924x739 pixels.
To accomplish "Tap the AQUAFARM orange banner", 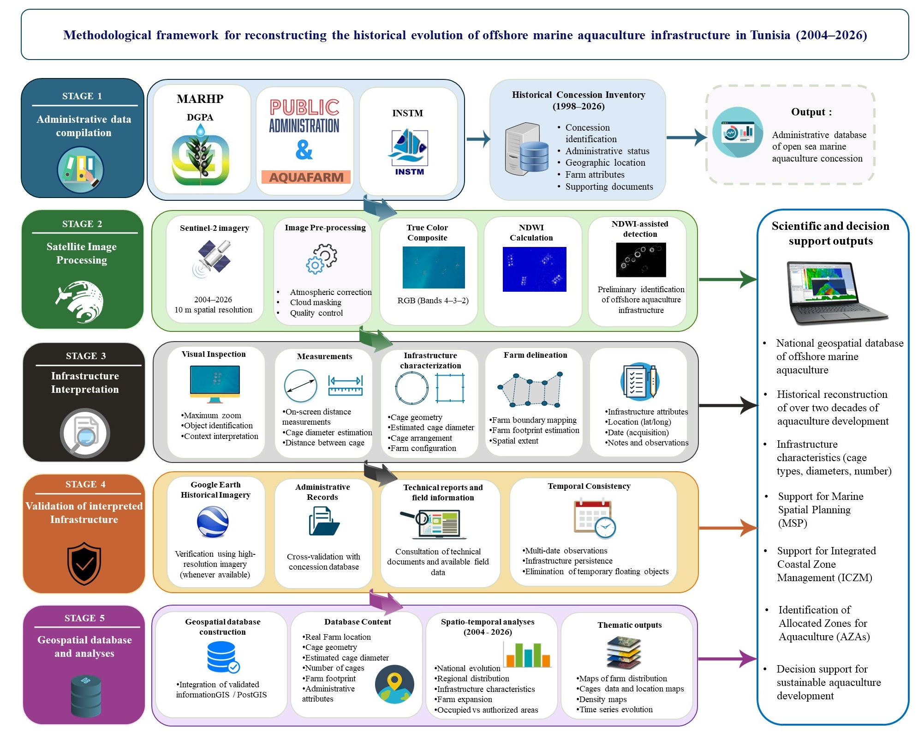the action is click(x=306, y=177).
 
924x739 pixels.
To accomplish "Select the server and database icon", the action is click(x=527, y=149).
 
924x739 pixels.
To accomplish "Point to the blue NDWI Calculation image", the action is click(x=534, y=269).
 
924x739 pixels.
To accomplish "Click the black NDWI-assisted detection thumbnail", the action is click(x=641, y=259).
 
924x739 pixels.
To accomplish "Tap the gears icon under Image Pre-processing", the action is click(x=322, y=259).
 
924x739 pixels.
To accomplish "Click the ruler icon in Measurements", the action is click(x=345, y=385).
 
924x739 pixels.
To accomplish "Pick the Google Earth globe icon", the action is click(x=213, y=522).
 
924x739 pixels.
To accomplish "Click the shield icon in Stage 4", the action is click(x=84, y=563).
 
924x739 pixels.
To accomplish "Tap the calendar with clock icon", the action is click(x=595, y=518).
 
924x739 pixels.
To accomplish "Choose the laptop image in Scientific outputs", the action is click(x=837, y=293).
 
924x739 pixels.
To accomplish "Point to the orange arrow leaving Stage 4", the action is click(x=728, y=528).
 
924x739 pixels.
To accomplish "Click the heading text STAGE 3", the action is click(x=85, y=356).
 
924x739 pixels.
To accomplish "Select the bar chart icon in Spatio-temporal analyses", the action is click(x=527, y=655).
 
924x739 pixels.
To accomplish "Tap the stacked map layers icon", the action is click(x=624, y=653).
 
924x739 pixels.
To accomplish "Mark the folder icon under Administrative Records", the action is click(x=324, y=521).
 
